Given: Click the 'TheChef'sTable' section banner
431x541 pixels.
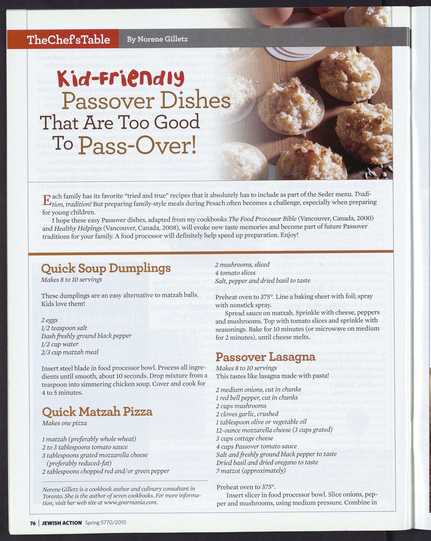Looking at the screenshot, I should coord(68,40).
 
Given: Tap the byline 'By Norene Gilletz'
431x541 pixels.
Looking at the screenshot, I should coord(157,39).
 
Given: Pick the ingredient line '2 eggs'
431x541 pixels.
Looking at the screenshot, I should coord(50,320).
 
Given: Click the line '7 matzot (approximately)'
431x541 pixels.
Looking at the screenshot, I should coord(251,470).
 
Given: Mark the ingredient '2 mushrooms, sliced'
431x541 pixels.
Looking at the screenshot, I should coord(242,265).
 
